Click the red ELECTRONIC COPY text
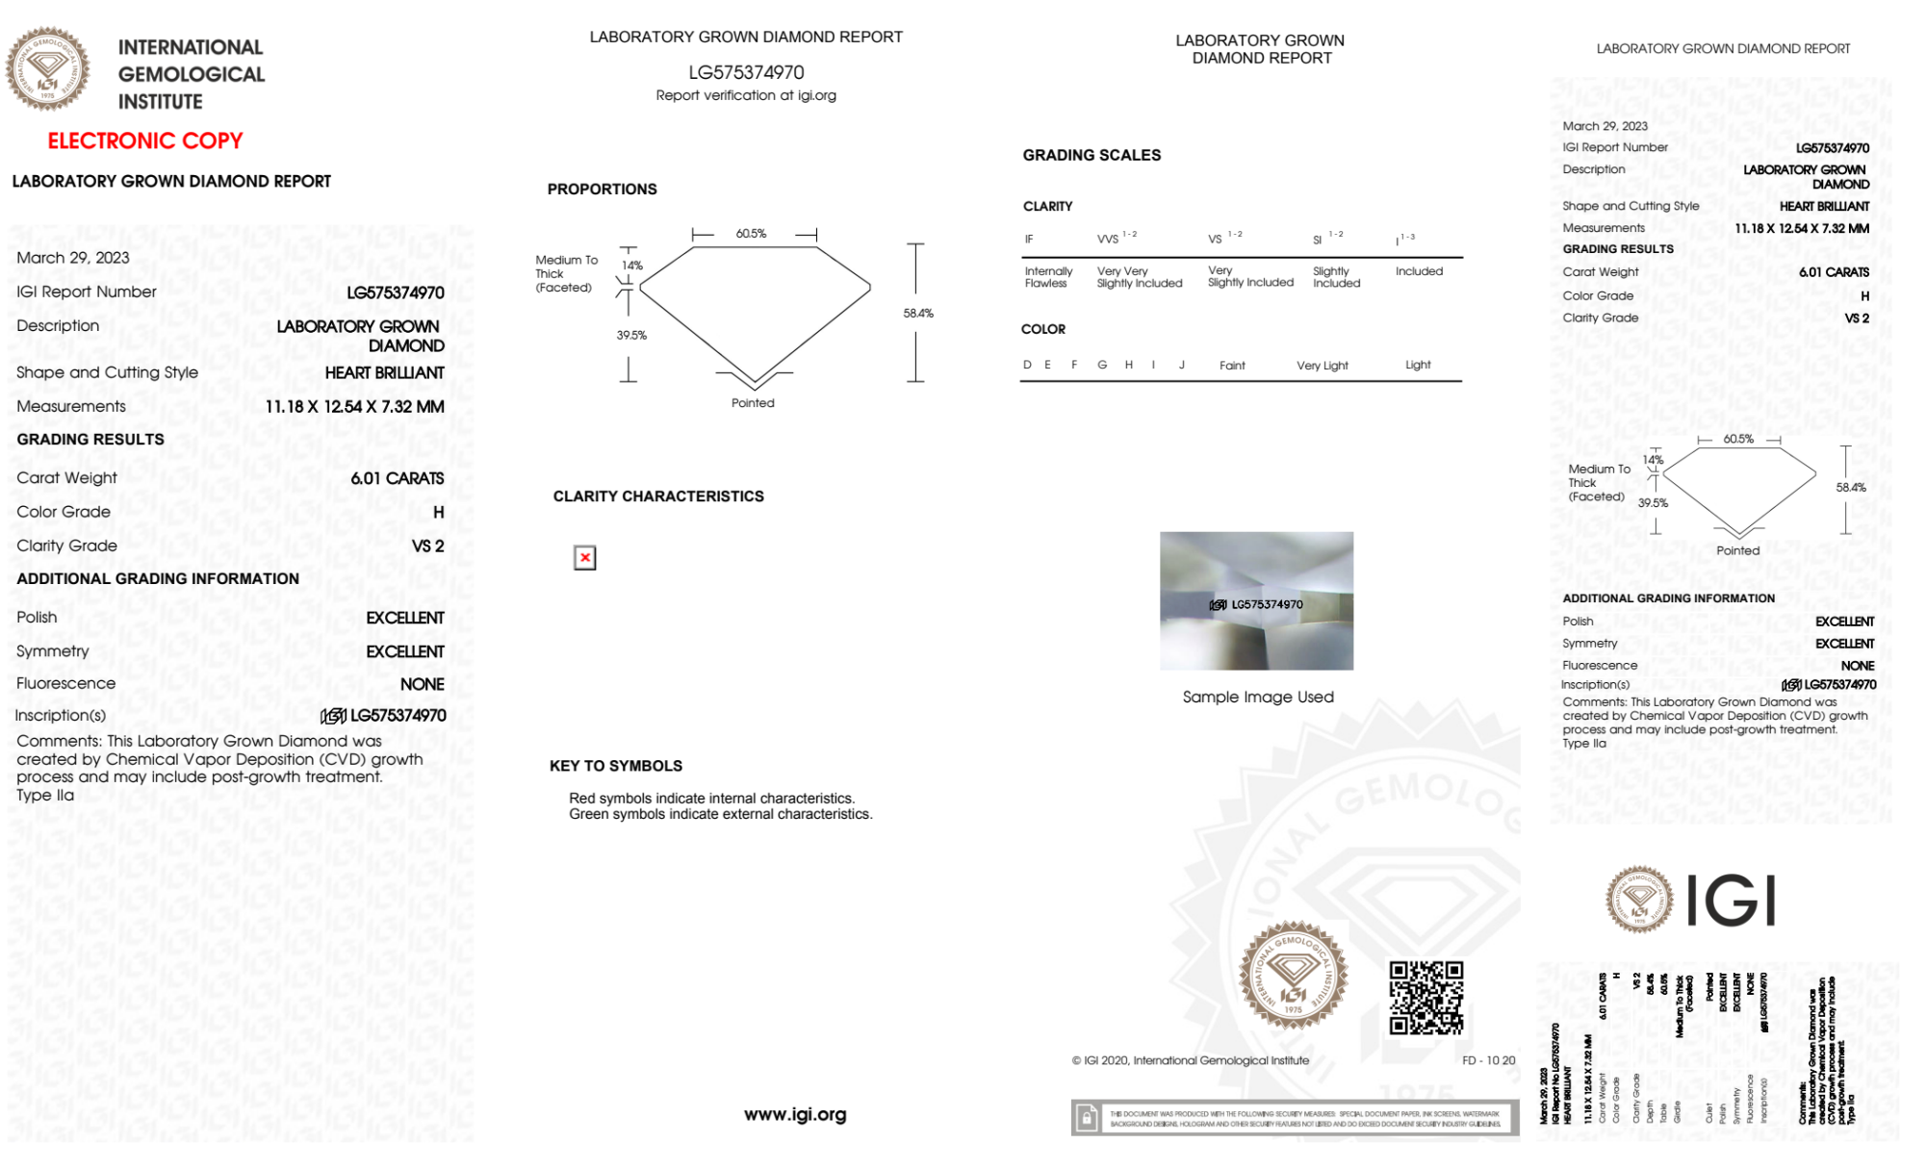(145, 141)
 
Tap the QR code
(1425, 997)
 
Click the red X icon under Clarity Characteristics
(584, 558)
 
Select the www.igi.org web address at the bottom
(795, 1114)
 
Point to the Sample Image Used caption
(1257, 697)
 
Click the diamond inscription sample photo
(1256, 600)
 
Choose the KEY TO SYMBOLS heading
(615, 766)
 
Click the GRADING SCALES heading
(1091, 155)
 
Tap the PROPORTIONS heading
(602, 190)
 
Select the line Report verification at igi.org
(746, 95)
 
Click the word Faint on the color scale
(1232, 366)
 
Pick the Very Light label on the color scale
(1322, 366)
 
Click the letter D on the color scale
(1027, 365)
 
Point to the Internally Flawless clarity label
(1048, 277)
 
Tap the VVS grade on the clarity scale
(1108, 239)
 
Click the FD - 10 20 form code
(1488, 1060)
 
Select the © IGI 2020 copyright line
(1190, 1060)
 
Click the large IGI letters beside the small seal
(1732, 901)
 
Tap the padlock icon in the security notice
(1087, 1118)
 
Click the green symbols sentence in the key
(720, 814)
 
